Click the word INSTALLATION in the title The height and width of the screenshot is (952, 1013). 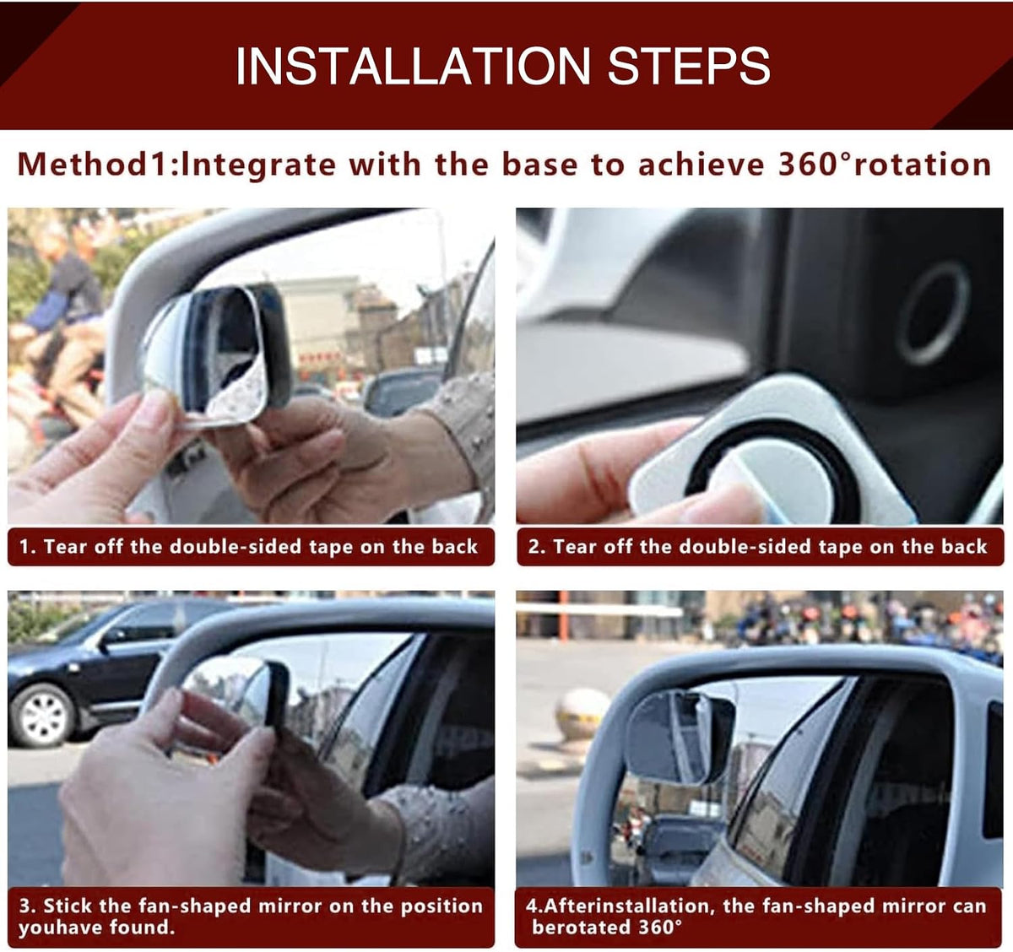click(413, 66)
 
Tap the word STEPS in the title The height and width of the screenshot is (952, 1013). click(689, 66)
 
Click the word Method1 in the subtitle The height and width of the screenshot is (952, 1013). click(92, 165)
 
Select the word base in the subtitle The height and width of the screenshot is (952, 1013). click(540, 165)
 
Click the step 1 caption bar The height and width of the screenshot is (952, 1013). click(251, 547)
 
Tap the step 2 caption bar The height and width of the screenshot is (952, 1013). click(760, 547)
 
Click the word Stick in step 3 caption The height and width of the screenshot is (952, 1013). click(68, 906)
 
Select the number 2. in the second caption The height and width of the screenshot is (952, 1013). click(537, 547)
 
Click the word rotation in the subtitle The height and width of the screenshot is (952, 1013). click(923, 165)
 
